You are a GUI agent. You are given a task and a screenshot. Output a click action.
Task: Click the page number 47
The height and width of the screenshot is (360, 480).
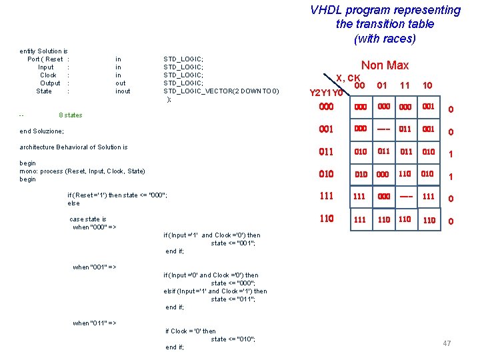click(447, 343)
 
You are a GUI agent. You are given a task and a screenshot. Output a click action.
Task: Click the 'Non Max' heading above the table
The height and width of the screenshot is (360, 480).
click(385, 65)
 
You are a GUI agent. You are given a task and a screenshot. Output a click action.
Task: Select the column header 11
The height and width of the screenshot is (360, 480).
click(405, 85)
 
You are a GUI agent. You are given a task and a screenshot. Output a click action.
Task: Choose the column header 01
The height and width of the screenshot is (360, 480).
click(382, 85)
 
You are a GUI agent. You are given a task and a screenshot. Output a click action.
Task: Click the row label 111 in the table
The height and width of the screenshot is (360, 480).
click(327, 196)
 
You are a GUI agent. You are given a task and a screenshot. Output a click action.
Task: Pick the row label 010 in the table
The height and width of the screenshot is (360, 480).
click(327, 174)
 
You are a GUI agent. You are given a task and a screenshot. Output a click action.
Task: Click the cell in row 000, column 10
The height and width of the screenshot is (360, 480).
click(429, 107)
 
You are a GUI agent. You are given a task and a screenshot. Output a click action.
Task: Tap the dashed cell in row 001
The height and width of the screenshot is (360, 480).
click(383, 129)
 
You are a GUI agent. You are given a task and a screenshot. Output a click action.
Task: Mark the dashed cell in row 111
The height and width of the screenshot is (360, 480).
click(405, 196)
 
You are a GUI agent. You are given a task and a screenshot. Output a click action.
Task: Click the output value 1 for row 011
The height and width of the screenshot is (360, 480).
click(451, 154)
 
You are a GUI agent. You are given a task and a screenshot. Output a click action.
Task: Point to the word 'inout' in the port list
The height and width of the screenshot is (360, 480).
click(123, 91)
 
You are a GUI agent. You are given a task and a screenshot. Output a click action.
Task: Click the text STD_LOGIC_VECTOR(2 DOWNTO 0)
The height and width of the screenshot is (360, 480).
click(221, 91)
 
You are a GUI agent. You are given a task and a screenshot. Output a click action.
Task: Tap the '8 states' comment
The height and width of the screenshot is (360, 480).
click(71, 115)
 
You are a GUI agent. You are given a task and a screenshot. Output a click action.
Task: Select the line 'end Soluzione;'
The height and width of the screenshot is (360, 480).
click(42, 131)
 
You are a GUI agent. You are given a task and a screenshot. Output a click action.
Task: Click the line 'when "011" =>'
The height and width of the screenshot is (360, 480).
click(94, 323)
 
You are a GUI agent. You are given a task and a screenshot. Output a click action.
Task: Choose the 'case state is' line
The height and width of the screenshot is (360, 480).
click(88, 219)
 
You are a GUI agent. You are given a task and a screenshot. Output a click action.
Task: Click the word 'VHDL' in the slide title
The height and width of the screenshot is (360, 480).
click(325, 11)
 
